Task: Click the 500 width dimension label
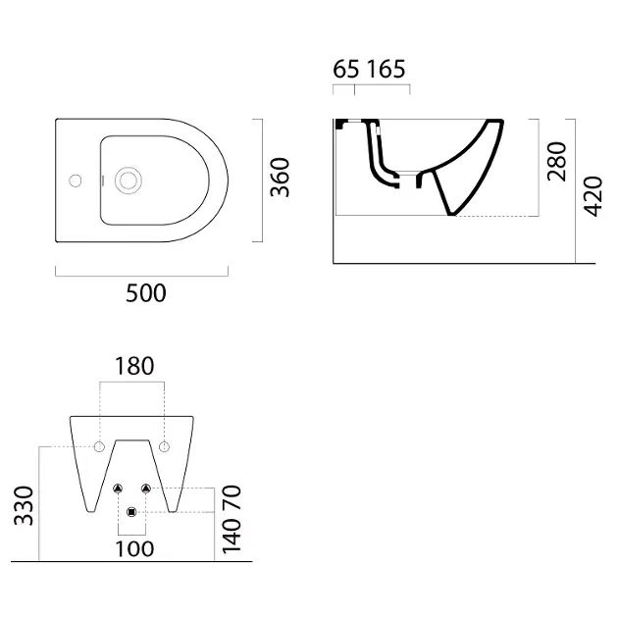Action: (146, 293)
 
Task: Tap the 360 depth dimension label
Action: (280, 177)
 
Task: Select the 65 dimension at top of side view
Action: (346, 69)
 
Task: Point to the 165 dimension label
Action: (386, 69)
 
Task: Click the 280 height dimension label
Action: (557, 161)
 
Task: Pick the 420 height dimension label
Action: (593, 196)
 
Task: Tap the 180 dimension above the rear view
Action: (134, 366)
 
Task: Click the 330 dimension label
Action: (24, 505)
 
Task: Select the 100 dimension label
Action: (134, 549)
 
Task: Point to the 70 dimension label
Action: (232, 497)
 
